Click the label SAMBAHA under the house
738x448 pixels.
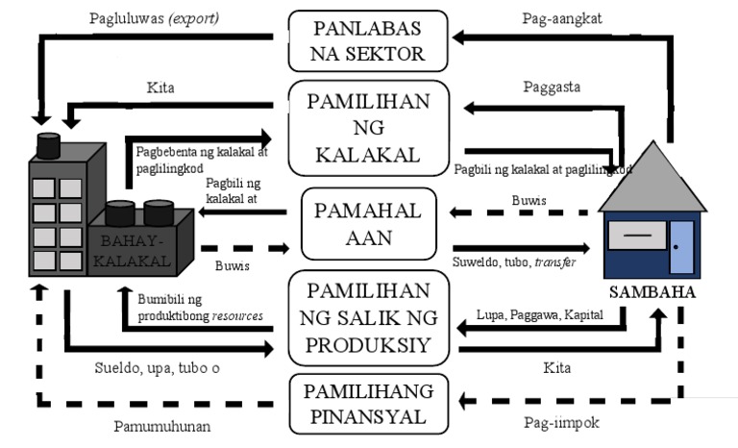click(646, 291)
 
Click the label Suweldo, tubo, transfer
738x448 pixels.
click(513, 261)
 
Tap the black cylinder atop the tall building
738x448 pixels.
click(47, 147)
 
